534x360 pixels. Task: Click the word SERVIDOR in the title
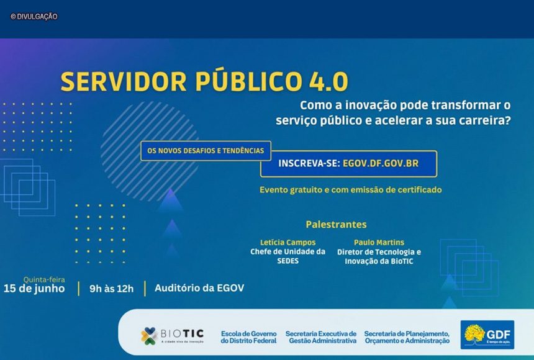[124, 82]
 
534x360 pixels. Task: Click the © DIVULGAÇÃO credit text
[34, 16]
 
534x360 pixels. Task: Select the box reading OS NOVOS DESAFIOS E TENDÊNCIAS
[206, 151]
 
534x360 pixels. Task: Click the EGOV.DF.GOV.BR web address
[381, 163]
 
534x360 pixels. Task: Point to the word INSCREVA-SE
[309, 163]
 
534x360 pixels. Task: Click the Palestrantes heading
[336, 224]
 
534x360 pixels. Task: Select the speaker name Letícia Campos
[287, 243]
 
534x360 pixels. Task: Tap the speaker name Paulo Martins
[379, 243]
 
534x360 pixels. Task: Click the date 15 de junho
[34, 289]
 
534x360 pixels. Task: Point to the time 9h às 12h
[111, 289]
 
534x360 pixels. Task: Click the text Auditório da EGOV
[199, 288]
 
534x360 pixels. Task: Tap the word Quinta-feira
[44, 280]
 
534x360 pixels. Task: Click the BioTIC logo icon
[149, 336]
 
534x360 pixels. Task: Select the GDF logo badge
[487, 335]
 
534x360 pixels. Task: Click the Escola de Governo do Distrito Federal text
[248, 337]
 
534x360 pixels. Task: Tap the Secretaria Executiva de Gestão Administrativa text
[321, 337]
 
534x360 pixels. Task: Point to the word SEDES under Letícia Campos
[287, 261]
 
